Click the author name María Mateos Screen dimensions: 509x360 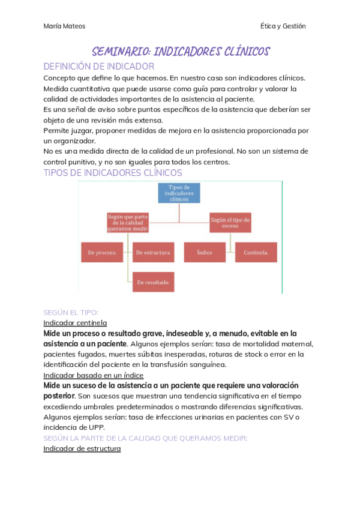coord(64,26)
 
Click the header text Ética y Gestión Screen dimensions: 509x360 coord(283,26)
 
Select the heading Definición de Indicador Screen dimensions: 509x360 coord(99,67)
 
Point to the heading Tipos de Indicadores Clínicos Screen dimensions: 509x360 coord(113,173)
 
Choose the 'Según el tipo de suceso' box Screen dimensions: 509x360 coord(230,223)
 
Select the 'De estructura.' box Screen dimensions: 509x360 coord(154,252)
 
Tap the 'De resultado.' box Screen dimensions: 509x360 coord(154,282)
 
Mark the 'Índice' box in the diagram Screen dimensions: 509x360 coord(205,252)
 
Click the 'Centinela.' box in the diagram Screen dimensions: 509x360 coord(256,252)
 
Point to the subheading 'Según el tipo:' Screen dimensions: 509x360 coord(71,313)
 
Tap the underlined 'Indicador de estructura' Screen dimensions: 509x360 coord(82,448)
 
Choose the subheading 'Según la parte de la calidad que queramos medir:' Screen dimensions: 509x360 coord(145,438)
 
